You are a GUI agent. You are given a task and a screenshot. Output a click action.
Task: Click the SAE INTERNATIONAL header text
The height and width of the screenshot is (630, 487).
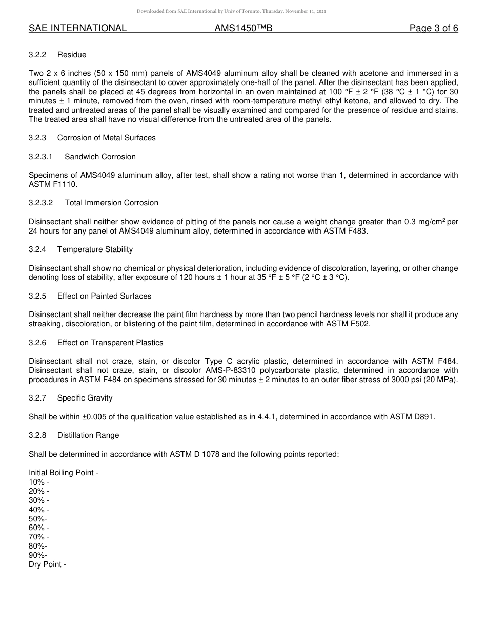[77, 29]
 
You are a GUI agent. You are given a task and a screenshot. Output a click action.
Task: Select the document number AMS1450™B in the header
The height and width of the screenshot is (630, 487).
[243, 29]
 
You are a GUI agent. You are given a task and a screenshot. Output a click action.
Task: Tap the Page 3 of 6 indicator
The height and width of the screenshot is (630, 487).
[433, 29]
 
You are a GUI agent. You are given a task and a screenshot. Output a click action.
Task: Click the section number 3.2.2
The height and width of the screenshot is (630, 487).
[37, 55]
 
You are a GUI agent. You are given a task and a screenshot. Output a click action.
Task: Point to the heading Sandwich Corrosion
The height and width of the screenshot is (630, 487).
[100, 157]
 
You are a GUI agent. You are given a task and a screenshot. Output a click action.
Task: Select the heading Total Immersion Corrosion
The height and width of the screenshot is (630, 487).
[111, 203]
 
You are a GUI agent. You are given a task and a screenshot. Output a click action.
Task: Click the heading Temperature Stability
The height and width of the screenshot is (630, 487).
[95, 249]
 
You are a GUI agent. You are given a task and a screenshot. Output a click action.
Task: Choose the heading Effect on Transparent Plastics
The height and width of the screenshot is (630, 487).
[110, 343]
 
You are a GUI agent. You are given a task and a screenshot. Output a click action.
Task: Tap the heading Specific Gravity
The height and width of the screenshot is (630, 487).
[85, 398]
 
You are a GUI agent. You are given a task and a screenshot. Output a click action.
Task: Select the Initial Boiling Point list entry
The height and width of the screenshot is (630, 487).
[63, 473]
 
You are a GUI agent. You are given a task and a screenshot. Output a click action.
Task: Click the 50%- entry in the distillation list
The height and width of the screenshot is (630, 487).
[38, 519]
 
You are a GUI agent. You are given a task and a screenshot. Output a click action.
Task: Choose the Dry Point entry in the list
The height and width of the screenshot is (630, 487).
[47, 564]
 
